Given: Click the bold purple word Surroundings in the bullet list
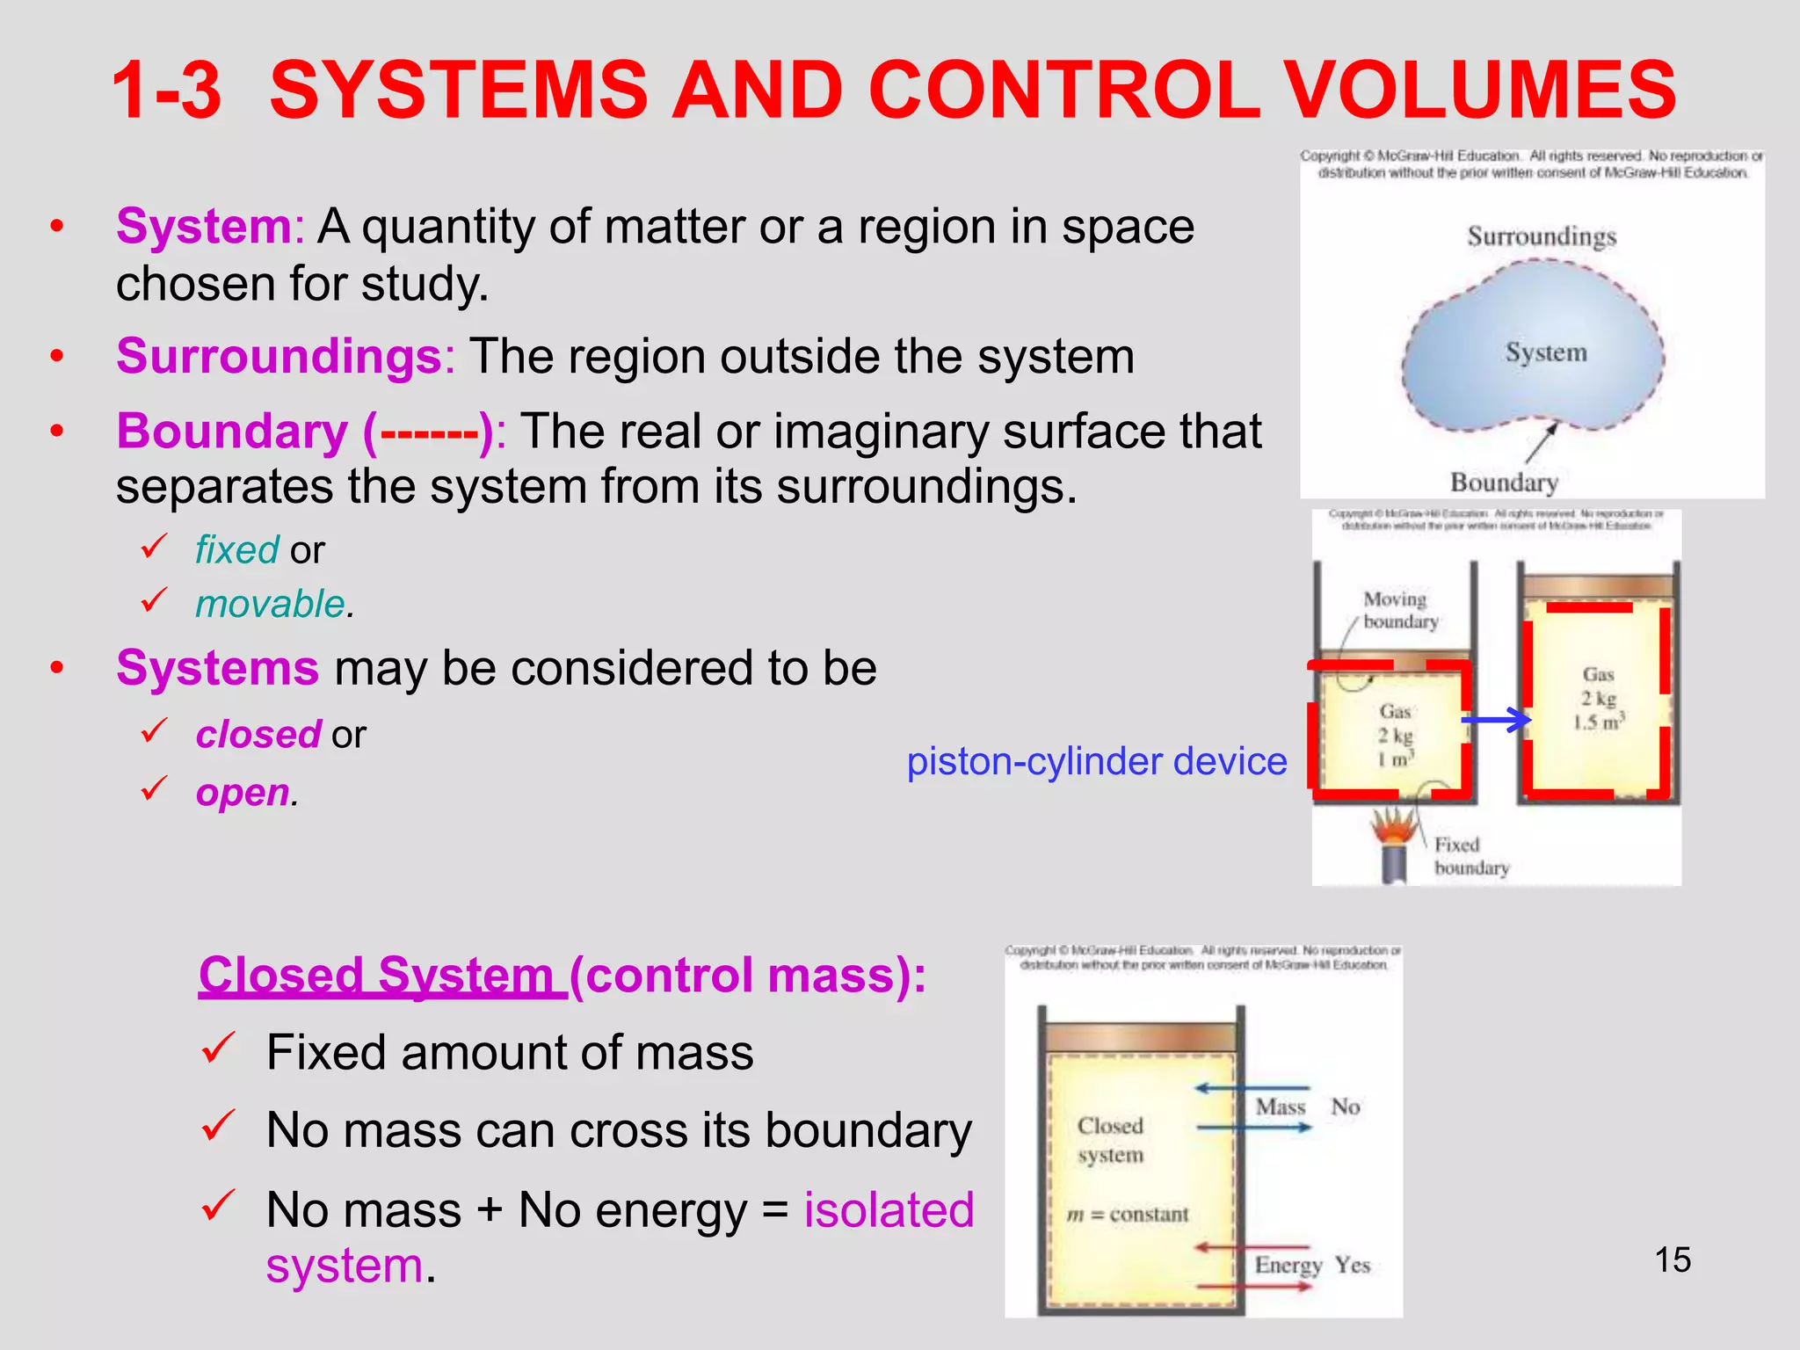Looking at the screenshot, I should [x=279, y=356].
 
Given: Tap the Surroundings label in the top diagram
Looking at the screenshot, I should [x=1542, y=236].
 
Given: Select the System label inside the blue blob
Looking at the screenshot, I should [x=1546, y=352].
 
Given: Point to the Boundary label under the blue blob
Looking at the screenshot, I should [x=1504, y=483].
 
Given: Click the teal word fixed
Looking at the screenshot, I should [x=236, y=550].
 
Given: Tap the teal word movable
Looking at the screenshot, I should [x=270, y=605].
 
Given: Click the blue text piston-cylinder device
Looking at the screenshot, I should [x=1096, y=761].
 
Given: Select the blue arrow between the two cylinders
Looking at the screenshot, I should [x=1497, y=721].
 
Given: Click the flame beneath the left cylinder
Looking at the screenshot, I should [x=1395, y=827].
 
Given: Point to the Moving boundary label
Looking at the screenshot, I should [x=1399, y=610].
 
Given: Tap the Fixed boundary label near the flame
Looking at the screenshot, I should [x=1470, y=856].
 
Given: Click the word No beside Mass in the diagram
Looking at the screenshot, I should [x=1346, y=1107].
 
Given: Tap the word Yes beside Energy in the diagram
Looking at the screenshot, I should [x=1353, y=1265].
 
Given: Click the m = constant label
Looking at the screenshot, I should [x=1128, y=1215].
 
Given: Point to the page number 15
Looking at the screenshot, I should [x=1673, y=1259].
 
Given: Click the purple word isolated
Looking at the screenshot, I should [x=889, y=1209].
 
